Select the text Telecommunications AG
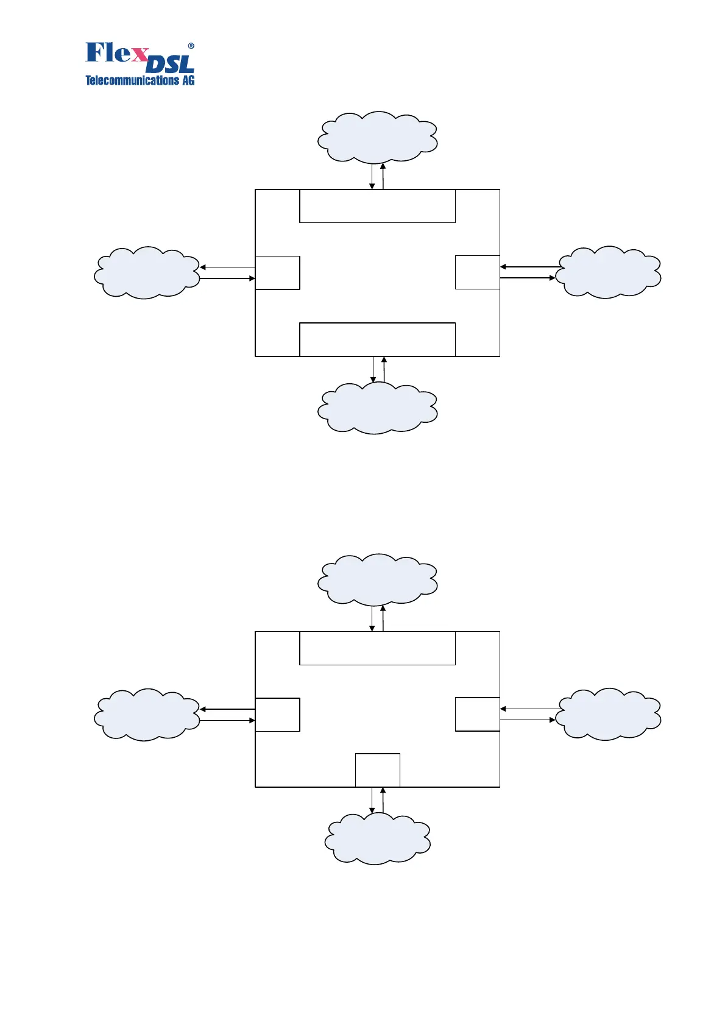[x=140, y=80]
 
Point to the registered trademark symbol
[x=191, y=46]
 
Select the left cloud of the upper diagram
[x=147, y=272]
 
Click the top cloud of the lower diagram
[x=377, y=579]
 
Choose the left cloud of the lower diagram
[x=147, y=715]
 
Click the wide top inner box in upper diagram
[x=377, y=206]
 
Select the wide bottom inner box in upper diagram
[x=377, y=339]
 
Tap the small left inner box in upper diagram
[x=277, y=272]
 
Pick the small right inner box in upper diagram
[x=477, y=272]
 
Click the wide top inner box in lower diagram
[x=377, y=648]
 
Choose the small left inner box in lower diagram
[x=277, y=715]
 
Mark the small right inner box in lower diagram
[x=477, y=714]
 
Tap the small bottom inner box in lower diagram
[x=377, y=770]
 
